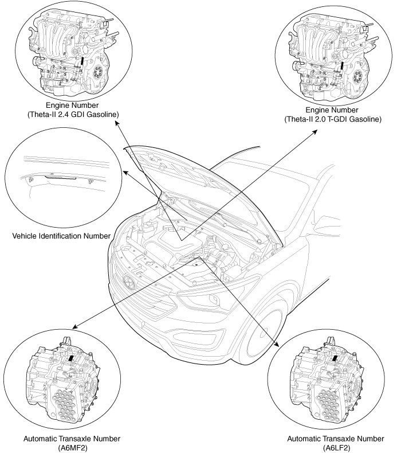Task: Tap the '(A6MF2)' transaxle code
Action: (x=72, y=447)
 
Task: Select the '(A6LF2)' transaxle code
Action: (x=336, y=447)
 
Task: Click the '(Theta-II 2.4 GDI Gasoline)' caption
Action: (x=73, y=115)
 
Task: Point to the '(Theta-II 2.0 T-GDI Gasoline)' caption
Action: (x=333, y=119)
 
